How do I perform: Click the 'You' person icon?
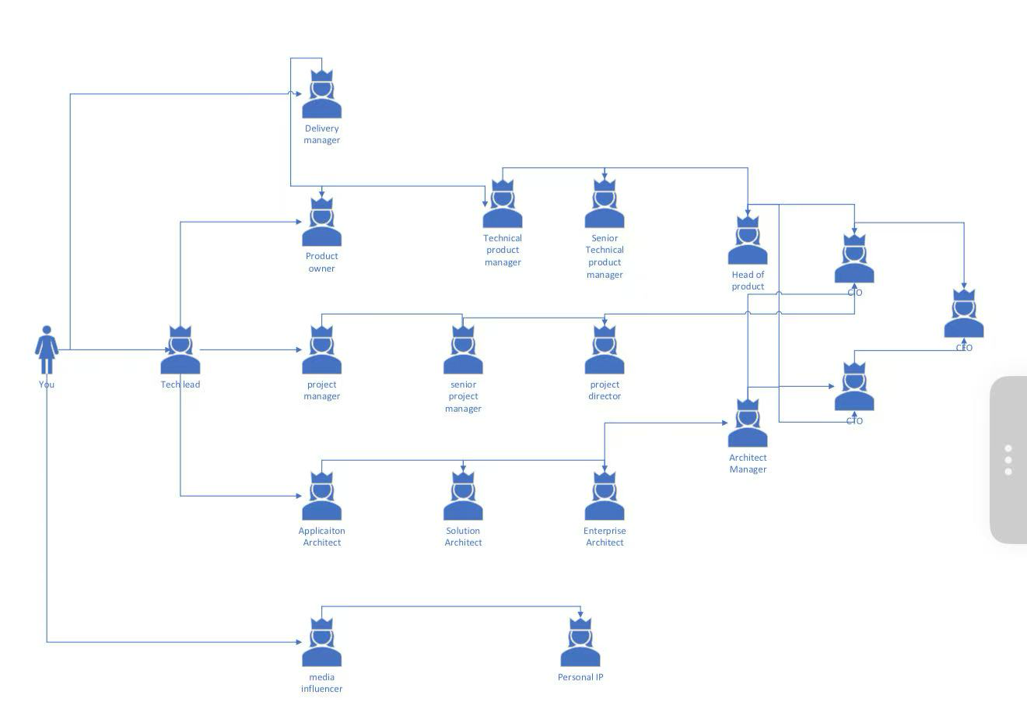[x=47, y=350]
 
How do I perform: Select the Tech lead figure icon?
[x=181, y=352]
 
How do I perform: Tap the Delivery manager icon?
[x=321, y=95]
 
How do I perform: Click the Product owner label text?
[x=321, y=262]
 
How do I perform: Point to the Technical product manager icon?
[x=503, y=205]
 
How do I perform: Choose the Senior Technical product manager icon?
[x=605, y=205]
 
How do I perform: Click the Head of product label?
[x=748, y=280]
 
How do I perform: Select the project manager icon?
[x=321, y=351]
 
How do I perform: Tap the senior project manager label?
[x=463, y=396]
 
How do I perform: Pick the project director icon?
[x=605, y=351]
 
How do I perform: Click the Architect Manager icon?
[x=748, y=424]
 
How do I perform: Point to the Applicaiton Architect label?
[x=321, y=536]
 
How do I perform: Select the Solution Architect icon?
[x=463, y=497]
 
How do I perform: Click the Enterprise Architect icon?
[x=605, y=497]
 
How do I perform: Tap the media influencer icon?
[x=321, y=644]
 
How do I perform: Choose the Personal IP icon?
[x=580, y=644]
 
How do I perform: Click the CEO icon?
[x=964, y=314]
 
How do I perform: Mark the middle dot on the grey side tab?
[x=1008, y=460]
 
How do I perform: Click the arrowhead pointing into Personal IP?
[x=580, y=615]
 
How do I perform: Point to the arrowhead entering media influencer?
[x=298, y=642]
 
